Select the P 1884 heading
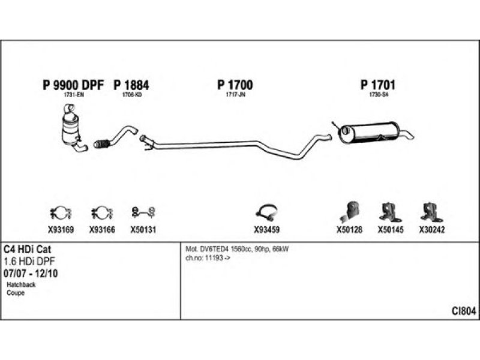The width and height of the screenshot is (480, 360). tap(131, 85)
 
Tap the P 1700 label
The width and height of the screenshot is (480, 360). tap(235, 85)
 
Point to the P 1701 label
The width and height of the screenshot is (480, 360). tap(377, 85)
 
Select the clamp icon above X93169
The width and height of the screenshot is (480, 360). tap(60, 212)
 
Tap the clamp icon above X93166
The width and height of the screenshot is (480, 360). tap(101, 212)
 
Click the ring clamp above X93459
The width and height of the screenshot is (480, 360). tap(266, 211)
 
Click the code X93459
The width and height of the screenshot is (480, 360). tap(266, 229)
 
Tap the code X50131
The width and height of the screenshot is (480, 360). tap(143, 229)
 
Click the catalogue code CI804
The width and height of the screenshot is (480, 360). tap(464, 311)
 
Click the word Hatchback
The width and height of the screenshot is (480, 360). tap(21, 284)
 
